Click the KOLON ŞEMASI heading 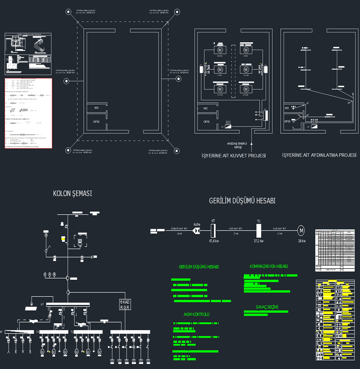[72, 193]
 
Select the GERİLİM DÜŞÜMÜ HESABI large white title [242, 201]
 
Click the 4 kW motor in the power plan [246, 50]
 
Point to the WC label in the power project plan [205, 108]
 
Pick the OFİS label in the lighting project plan [287, 121]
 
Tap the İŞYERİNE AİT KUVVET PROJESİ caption [233, 156]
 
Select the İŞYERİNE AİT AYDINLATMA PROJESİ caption [319, 155]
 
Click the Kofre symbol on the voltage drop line [197, 231]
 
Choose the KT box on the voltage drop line [213, 231]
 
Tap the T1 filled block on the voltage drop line [259, 231]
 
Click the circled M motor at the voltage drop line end [301, 231]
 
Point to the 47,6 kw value [213, 241]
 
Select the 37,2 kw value [258, 241]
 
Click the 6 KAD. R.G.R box [125, 305]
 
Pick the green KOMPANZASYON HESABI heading [269, 266]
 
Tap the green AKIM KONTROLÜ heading [197, 314]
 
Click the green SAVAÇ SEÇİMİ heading [267, 307]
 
